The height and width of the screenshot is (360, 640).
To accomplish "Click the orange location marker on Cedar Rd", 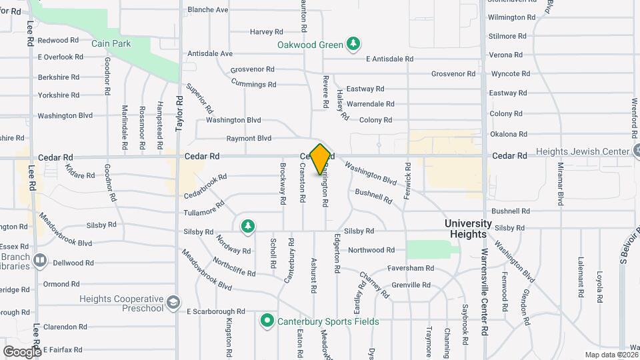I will [320, 159].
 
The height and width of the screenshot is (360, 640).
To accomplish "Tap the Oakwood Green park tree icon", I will [354, 45].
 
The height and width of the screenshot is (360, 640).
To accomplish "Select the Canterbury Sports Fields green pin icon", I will [267, 321].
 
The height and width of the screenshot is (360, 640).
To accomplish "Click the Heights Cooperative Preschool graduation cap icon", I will [173, 303].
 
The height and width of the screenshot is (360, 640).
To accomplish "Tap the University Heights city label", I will [469, 229].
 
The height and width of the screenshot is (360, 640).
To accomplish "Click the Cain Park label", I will [111, 43].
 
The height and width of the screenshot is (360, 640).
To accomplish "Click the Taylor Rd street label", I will [179, 113].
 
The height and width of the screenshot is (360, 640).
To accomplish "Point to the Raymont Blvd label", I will [249, 139].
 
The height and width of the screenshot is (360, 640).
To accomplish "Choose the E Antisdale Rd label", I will [394, 59].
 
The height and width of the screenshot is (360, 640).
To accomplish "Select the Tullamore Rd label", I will [204, 212].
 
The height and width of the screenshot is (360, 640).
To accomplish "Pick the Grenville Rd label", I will [411, 285].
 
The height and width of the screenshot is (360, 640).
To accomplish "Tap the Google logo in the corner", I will [21, 351].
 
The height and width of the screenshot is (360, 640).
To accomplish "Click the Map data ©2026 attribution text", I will [611, 355].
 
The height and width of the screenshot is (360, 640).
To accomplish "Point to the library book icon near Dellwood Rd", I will [40, 259].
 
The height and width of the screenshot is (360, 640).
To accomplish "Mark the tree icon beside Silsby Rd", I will [247, 227].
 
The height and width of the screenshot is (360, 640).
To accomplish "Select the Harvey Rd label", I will [267, 31].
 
